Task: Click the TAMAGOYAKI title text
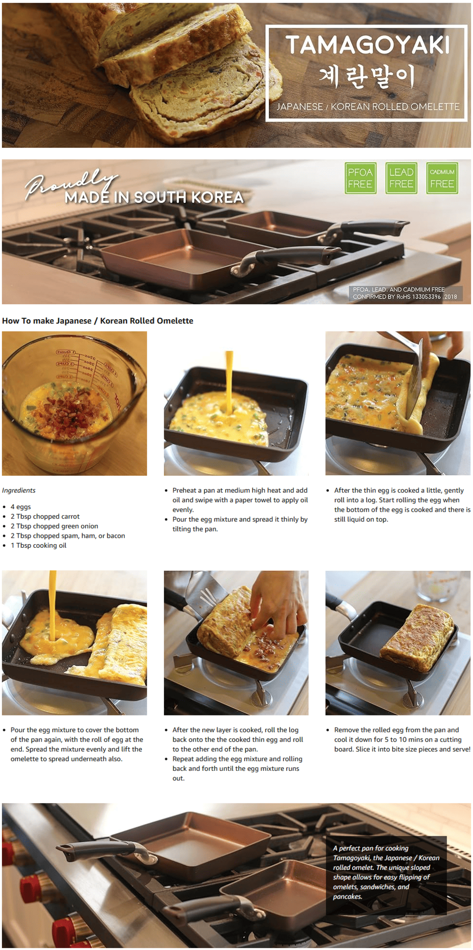click(368, 45)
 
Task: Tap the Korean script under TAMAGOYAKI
click(367, 77)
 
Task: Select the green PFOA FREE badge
click(360, 178)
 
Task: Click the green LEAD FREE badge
click(401, 178)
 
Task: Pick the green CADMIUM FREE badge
click(442, 178)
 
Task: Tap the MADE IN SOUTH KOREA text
click(154, 197)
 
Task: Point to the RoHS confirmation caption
click(405, 293)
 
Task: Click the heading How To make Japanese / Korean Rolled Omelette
click(98, 321)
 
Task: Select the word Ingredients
click(19, 490)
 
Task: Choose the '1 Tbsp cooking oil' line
click(39, 545)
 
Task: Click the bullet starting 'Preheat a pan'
click(240, 500)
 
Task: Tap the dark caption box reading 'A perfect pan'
click(386, 875)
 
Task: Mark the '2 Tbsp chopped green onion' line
click(54, 526)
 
